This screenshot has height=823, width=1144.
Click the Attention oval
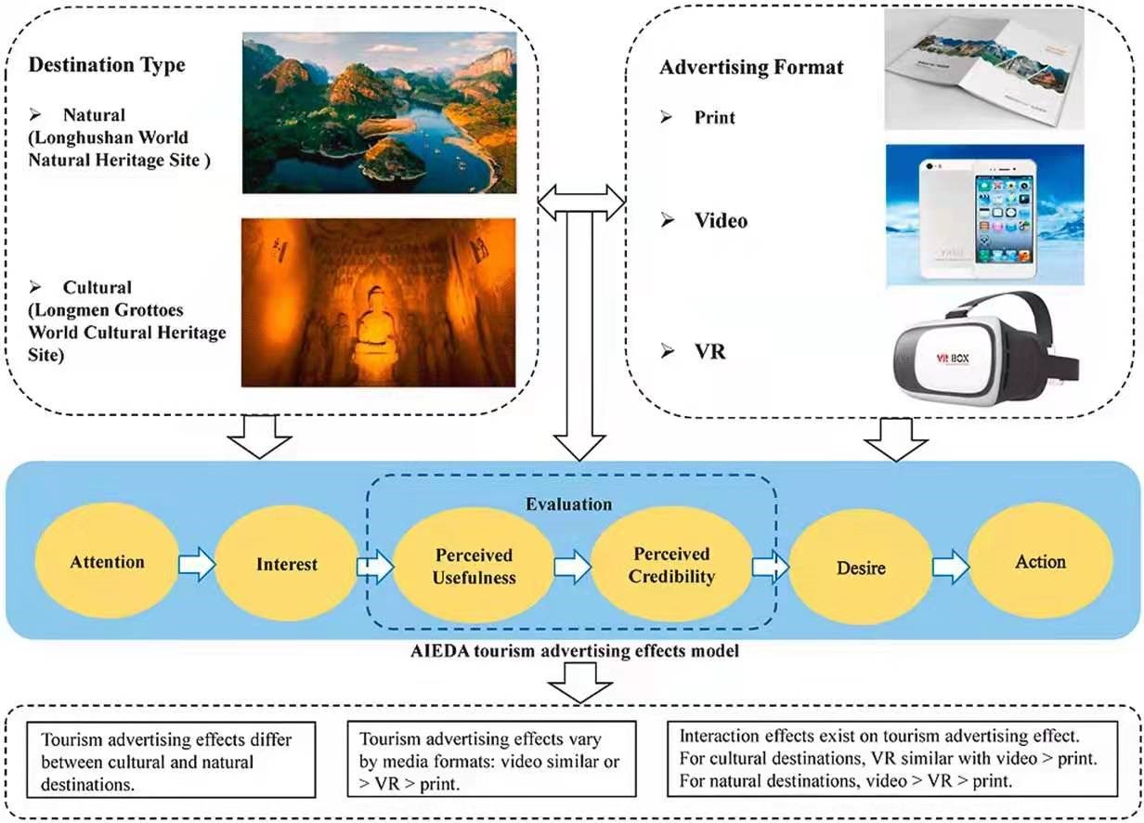point(107,562)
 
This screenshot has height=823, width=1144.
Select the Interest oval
point(287,564)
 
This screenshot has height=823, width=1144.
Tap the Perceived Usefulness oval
point(474,566)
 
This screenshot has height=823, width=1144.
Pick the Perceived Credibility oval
point(671,566)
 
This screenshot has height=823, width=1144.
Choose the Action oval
point(1040,561)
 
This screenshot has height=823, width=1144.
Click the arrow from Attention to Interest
point(197,564)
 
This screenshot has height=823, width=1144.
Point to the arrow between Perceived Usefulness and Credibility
point(572,566)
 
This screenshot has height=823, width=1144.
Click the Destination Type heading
point(107,66)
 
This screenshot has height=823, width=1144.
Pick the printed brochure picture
point(983,71)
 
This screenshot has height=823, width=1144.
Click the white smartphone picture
point(983,215)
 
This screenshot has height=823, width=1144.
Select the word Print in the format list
point(714,118)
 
